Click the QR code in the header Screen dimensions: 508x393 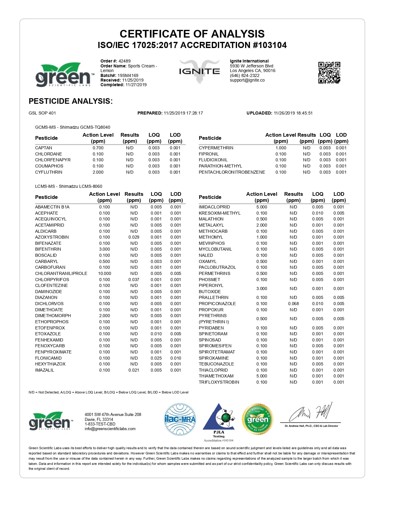click(329, 73)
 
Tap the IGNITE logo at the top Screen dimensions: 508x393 click(199, 71)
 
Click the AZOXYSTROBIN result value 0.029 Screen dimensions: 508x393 click(134, 237)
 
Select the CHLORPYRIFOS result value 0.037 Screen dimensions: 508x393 click(134, 280)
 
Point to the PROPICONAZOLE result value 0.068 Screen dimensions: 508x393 click(293, 304)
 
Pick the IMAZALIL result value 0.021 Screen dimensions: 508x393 click(134, 370)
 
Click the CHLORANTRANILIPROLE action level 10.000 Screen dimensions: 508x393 click(104, 273)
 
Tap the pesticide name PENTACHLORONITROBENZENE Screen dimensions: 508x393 click(232, 172)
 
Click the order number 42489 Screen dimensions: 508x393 click(125, 61)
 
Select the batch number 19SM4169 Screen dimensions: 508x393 click(128, 75)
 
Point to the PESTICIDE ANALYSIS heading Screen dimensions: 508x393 click(71, 101)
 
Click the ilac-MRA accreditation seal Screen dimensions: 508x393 click(180, 419)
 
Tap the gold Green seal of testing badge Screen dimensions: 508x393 click(258, 419)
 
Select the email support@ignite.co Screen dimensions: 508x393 click(247, 80)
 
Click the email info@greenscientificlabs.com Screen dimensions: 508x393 click(110, 429)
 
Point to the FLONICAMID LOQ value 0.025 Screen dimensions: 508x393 click(156, 358)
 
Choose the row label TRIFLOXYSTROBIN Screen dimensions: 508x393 click(219, 382)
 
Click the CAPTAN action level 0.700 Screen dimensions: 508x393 click(98, 148)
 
